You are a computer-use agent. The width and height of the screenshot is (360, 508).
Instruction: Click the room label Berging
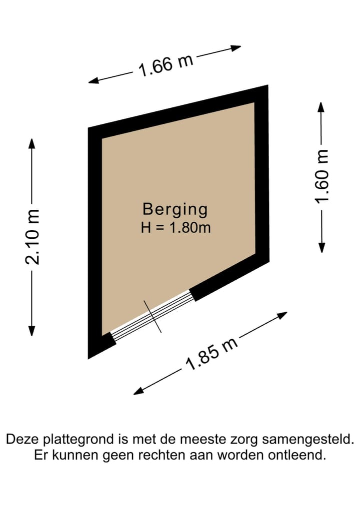click(x=175, y=210)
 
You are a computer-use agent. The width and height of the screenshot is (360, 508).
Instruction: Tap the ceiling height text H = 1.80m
click(x=176, y=228)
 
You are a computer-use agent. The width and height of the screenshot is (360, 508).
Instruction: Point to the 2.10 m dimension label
click(x=32, y=237)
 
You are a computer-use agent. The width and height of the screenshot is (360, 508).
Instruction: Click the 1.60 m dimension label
click(x=321, y=176)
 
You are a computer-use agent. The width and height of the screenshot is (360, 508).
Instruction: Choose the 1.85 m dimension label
click(x=211, y=354)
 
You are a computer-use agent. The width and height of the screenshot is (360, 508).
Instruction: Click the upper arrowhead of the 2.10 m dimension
click(x=31, y=143)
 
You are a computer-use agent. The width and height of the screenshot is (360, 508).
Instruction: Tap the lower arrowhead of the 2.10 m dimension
click(x=31, y=331)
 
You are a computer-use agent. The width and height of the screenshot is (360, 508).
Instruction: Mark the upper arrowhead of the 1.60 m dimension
click(x=321, y=107)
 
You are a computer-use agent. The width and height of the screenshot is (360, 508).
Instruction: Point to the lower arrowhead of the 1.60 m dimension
click(x=321, y=248)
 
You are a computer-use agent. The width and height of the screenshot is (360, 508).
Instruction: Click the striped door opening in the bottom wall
click(x=151, y=315)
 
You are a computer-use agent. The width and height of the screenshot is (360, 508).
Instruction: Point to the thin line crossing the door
click(x=153, y=317)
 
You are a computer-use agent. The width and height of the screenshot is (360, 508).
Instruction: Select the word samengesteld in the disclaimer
click(x=308, y=440)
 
